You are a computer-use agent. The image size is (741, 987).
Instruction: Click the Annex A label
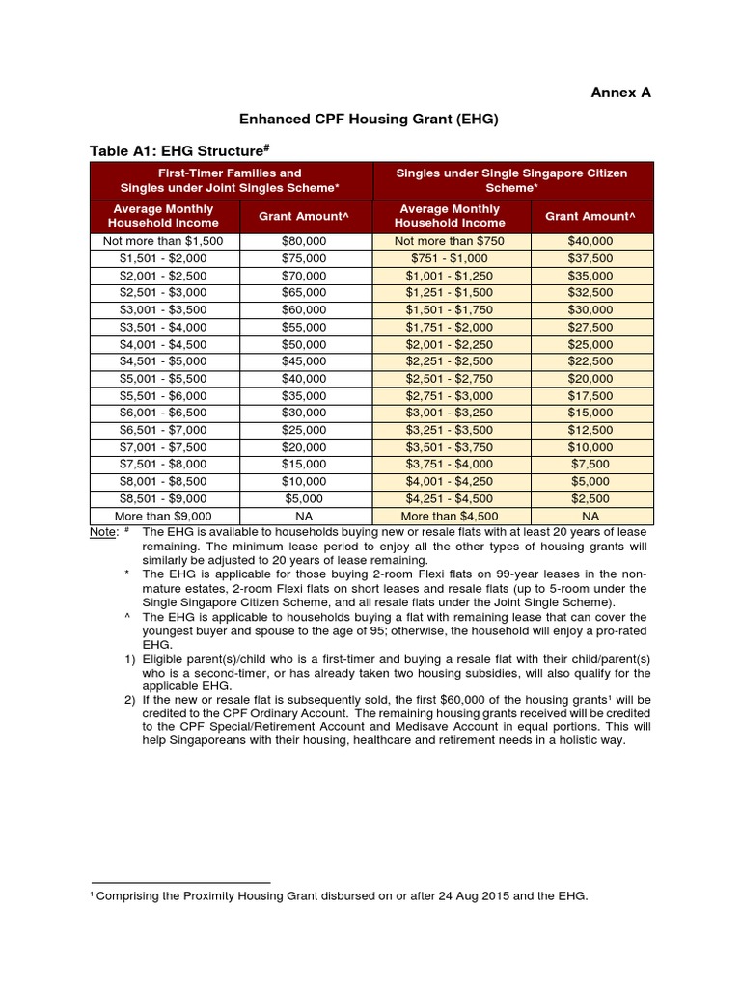pos(620,93)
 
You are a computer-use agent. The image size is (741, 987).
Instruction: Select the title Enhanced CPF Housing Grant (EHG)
pos(370,119)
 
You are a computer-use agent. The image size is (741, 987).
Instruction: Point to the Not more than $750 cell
pos(450,241)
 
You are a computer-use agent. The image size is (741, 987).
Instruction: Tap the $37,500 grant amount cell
pos(590,258)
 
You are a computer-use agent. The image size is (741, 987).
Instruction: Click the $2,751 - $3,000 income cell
pos(450,396)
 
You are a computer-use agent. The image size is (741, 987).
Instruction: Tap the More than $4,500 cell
pos(450,516)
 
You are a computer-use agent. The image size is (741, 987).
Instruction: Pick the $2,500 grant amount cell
pos(590,498)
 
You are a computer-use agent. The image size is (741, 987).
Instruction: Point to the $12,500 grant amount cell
pos(590,430)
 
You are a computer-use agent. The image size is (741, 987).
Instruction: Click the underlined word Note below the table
pos(103,532)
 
